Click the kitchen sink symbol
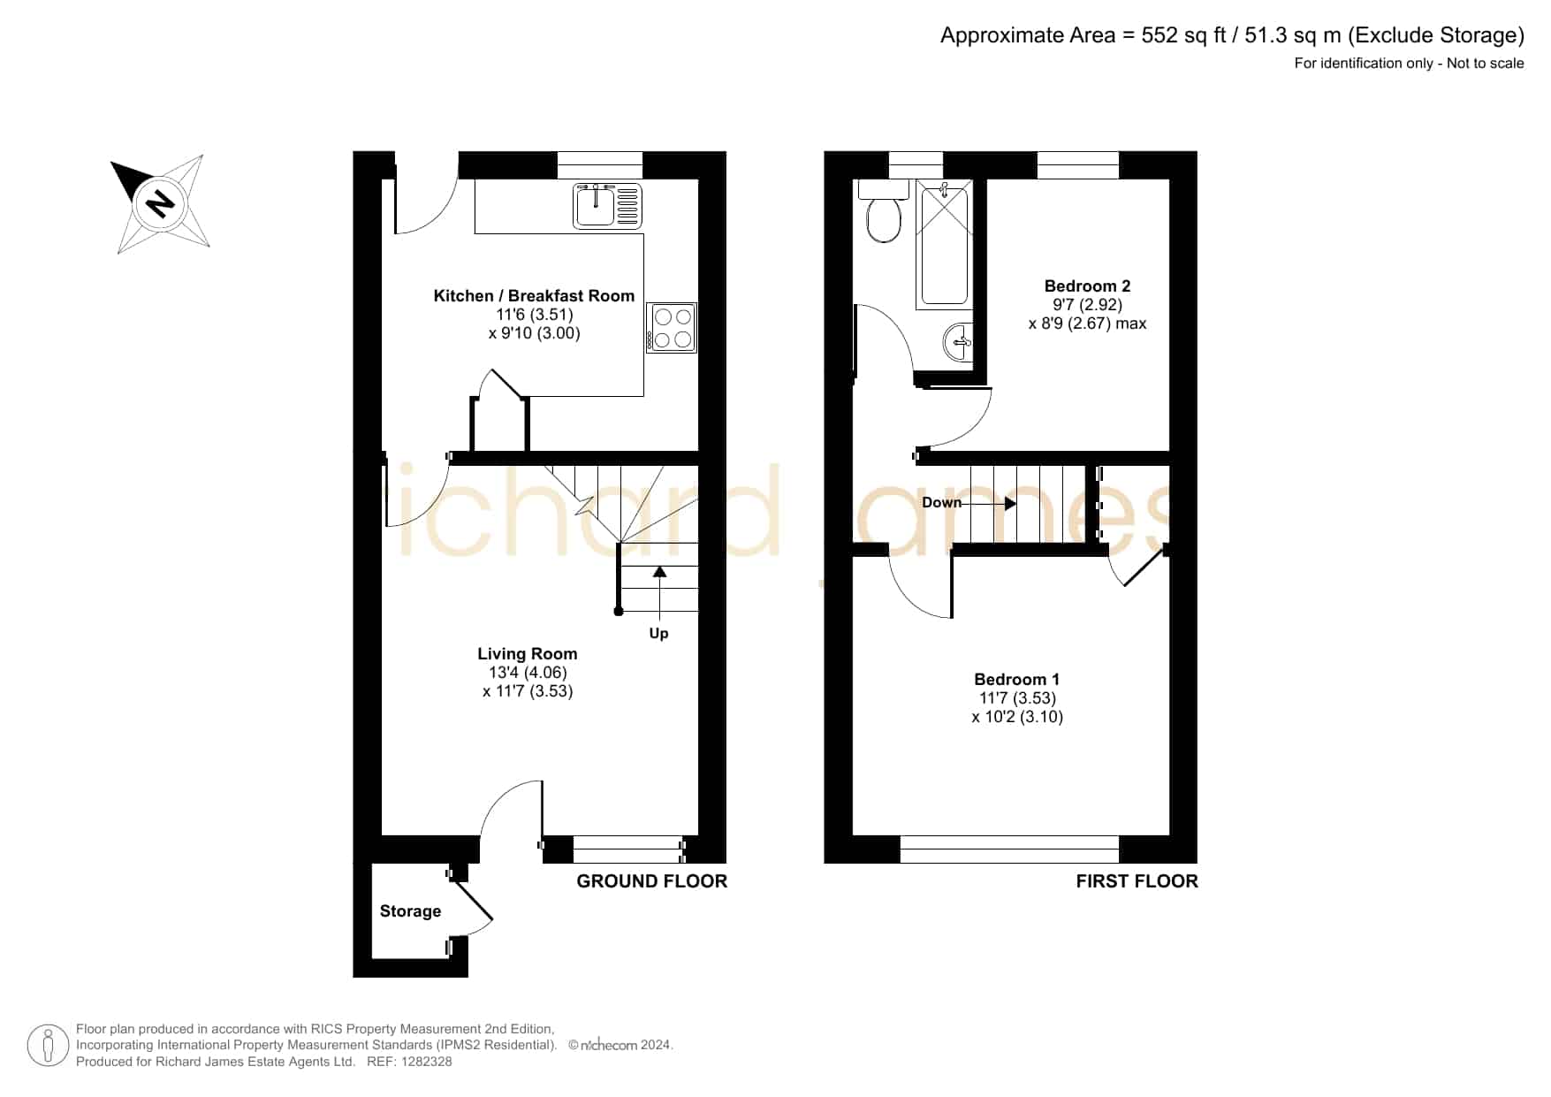(607, 205)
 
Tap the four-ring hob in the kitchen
(672, 328)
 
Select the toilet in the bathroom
(884, 212)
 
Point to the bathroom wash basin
(958, 342)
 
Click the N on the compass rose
(160, 203)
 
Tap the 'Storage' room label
(410, 911)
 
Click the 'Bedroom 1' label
(1016, 679)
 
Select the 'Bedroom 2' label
(1087, 286)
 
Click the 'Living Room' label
(528, 653)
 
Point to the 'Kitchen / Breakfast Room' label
(534, 295)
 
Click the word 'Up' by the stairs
(658, 633)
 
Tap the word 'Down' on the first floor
(941, 502)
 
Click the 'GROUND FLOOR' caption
(651, 881)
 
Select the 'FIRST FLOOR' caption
(1137, 881)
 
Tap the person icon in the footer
(48, 1046)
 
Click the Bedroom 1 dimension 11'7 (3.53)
(1017, 697)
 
